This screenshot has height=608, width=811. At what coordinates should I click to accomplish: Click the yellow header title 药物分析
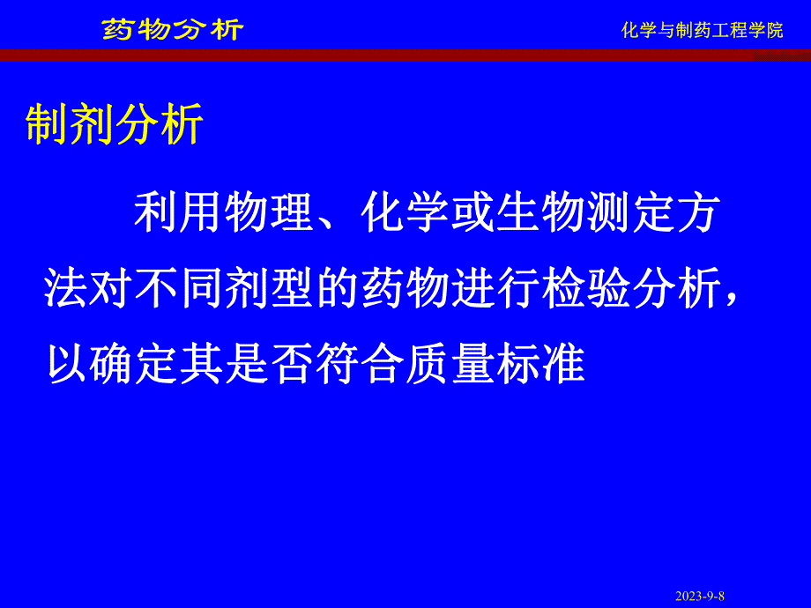point(172,29)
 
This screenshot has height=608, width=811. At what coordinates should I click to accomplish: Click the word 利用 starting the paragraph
point(179,214)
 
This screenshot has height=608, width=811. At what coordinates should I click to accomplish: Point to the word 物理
point(269,214)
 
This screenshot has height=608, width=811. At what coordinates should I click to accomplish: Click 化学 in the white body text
point(404,214)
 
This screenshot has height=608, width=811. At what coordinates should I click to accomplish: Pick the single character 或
point(472,214)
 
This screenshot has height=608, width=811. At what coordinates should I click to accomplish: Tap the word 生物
point(539,214)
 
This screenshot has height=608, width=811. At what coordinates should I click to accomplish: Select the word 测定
point(629,214)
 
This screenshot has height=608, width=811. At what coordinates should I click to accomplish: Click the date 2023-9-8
point(700,596)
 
